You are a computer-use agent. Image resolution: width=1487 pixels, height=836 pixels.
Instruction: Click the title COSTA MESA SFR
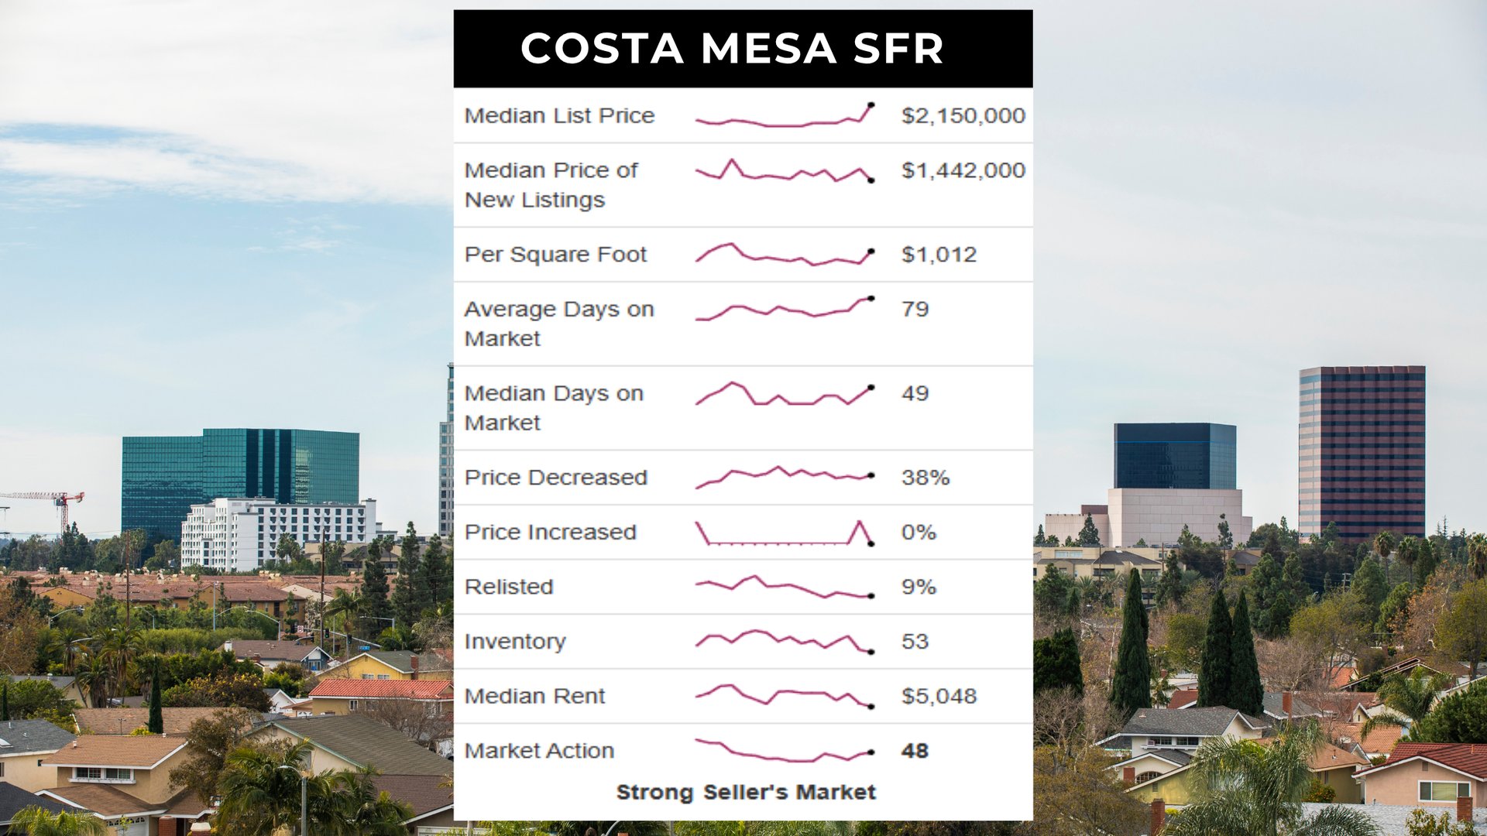coord(732,48)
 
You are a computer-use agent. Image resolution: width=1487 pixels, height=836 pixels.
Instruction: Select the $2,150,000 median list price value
coord(963,115)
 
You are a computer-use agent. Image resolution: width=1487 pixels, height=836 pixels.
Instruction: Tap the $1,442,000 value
coord(963,170)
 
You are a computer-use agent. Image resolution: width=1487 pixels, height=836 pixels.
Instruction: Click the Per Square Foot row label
coord(555,255)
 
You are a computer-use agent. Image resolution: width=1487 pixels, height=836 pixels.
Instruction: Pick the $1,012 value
coord(939,255)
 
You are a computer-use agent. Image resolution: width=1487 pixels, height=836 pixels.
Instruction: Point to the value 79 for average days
coord(915,309)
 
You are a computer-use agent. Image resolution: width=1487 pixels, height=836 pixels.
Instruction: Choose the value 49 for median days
coord(915,393)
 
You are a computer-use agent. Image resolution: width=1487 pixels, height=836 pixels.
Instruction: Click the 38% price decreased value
coord(925,478)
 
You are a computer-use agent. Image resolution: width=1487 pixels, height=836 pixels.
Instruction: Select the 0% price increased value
coord(919,533)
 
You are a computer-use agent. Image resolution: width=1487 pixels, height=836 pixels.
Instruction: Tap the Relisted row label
coord(509,587)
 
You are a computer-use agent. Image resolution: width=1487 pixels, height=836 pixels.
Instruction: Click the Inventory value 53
coord(915,642)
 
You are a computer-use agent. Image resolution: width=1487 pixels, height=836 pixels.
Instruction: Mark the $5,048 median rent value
coord(939,696)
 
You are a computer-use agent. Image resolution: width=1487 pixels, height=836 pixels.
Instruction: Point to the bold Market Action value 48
coord(915,751)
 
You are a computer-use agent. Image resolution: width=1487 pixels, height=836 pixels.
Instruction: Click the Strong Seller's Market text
coord(746,792)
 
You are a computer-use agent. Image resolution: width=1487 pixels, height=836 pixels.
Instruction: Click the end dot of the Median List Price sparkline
coord(871,104)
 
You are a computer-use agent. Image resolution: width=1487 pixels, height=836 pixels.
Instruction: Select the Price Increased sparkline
coord(784,533)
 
